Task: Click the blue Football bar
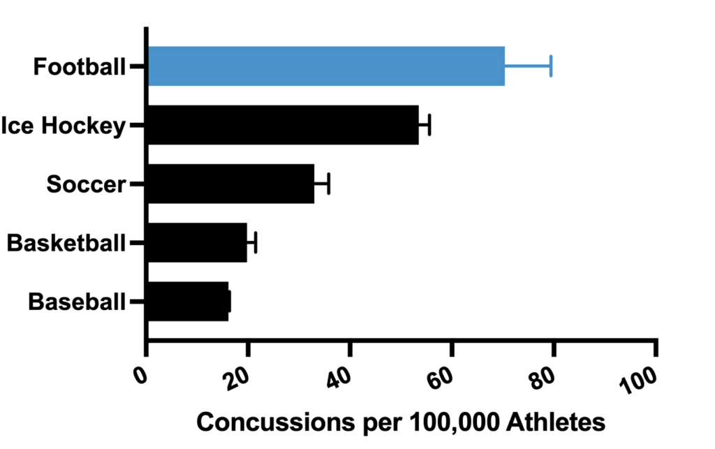(x=326, y=66)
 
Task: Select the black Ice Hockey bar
(x=283, y=125)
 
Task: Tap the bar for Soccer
(x=231, y=184)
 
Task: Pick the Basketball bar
(x=197, y=243)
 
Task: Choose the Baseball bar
(x=188, y=302)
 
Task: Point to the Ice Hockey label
(x=64, y=126)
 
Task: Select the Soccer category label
(x=86, y=184)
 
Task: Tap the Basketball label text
(x=66, y=243)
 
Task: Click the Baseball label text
(x=77, y=302)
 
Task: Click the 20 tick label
(x=239, y=378)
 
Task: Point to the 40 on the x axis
(x=341, y=378)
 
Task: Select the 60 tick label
(x=443, y=378)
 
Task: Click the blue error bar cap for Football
(x=551, y=66)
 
